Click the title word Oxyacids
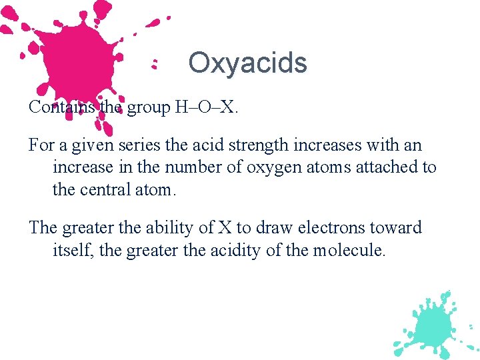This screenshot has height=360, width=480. (x=247, y=63)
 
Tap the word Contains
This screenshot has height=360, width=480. (x=61, y=107)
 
